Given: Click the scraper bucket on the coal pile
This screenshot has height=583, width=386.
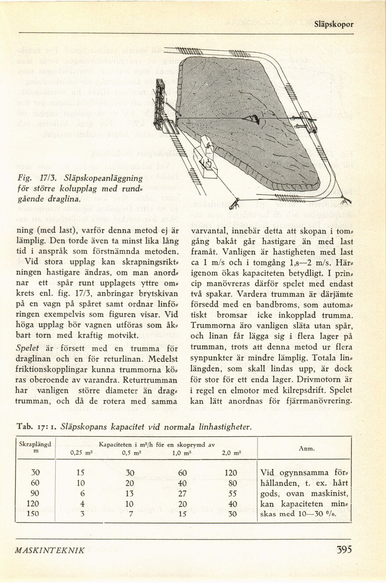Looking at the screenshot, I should click(x=252, y=119).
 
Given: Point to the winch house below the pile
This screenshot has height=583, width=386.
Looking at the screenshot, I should click(x=205, y=158).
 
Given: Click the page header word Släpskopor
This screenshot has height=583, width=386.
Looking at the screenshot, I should click(x=333, y=25).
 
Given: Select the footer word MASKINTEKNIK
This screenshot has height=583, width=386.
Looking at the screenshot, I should click(x=50, y=550).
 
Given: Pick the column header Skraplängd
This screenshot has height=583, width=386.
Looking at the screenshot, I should click(x=35, y=444).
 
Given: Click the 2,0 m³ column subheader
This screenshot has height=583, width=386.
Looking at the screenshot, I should click(x=232, y=453).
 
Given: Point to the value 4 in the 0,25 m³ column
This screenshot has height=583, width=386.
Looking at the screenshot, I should click(x=82, y=503).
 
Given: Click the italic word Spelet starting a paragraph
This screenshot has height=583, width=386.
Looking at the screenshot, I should click(x=28, y=348).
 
